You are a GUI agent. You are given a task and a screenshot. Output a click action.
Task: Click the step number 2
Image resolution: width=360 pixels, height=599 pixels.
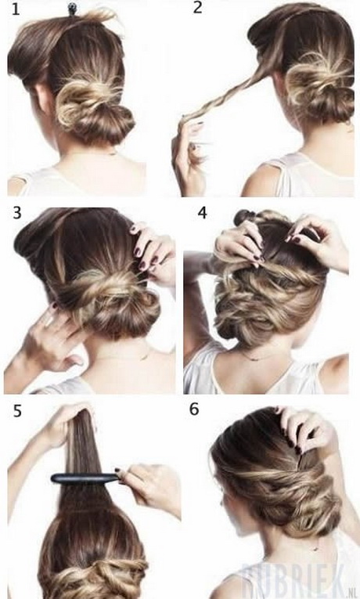(197, 8)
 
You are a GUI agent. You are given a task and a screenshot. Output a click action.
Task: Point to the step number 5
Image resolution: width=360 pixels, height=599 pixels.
(16, 412)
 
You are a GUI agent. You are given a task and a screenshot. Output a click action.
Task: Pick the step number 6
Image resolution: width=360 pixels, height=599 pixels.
(195, 410)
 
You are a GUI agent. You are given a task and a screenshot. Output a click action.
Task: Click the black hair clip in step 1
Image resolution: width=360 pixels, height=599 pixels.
(71, 9)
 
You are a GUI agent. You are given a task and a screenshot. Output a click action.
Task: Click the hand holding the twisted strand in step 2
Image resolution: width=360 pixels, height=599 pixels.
(188, 153)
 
